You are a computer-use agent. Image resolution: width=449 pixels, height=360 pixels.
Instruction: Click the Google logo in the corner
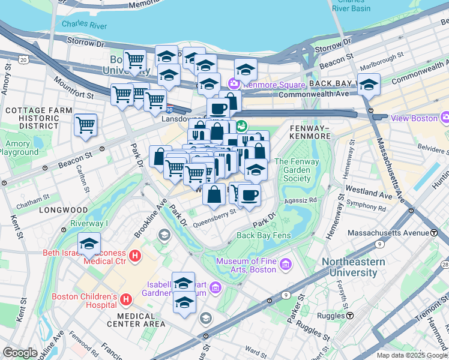pos(20,353)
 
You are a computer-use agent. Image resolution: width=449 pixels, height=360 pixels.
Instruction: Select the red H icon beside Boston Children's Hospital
pos(126,299)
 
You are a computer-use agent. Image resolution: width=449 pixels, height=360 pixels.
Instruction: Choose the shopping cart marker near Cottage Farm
pos(86,125)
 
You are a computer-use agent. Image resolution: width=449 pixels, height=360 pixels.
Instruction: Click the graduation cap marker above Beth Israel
pos(89,244)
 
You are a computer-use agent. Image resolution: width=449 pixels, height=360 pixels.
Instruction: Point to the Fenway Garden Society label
pos(297,170)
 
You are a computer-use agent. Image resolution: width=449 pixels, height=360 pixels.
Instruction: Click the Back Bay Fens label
pos(264,235)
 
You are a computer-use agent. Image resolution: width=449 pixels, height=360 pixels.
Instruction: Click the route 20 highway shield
pos(23,59)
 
